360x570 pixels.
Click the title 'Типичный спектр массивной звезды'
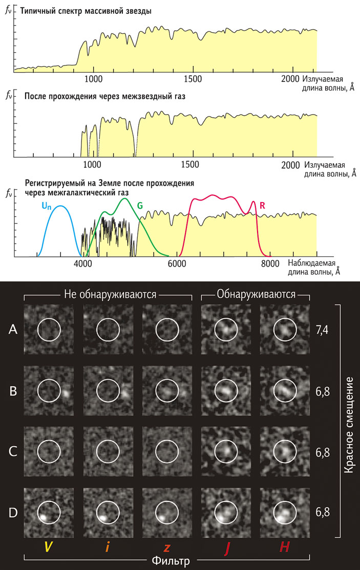pyautogui.click(x=86, y=11)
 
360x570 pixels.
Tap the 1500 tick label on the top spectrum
pyautogui.click(x=193, y=79)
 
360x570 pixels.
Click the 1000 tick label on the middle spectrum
pyautogui.click(x=93, y=165)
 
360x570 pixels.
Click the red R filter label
pyautogui.click(x=263, y=206)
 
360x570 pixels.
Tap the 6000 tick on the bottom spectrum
pyautogui.click(x=176, y=264)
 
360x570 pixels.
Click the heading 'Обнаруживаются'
pyautogui.click(x=256, y=294)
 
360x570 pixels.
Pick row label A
pyautogui.click(x=13, y=331)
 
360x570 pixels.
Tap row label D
pyautogui.click(x=13, y=513)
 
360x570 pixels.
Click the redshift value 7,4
pyautogui.click(x=322, y=331)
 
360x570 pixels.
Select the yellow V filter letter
pyautogui.click(x=48, y=547)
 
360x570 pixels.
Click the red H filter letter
pyautogui.click(x=284, y=547)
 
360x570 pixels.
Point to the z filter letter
pyautogui.click(x=166, y=547)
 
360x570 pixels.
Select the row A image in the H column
pyautogui.click(x=284, y=330)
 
